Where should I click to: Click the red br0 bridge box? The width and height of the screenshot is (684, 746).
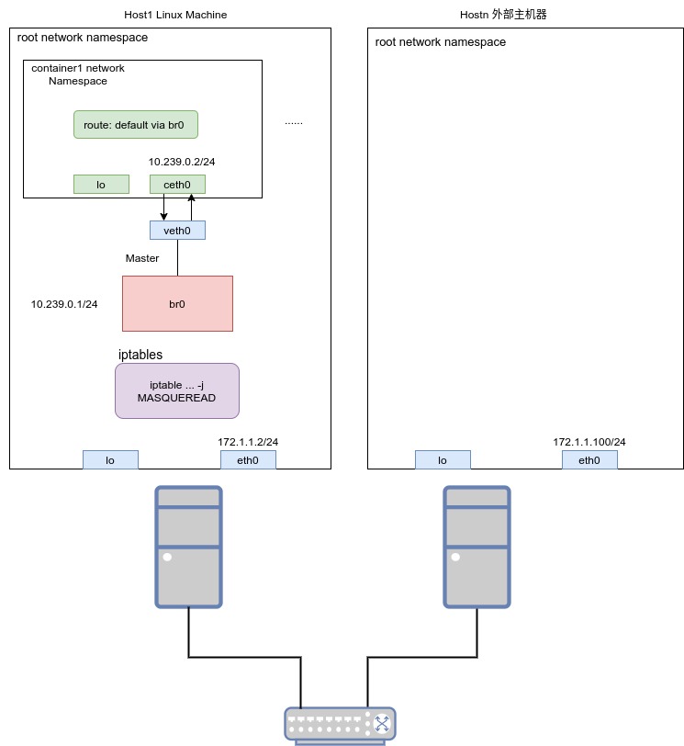point(177,303)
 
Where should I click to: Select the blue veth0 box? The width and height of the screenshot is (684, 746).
point(177,231)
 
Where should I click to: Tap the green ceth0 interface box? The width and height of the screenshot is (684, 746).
point(177,185)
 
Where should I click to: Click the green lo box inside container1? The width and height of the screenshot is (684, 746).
point(101,185)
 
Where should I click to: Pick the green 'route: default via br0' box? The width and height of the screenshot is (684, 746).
point(136,125)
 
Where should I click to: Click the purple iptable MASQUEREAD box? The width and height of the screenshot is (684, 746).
point(177,391)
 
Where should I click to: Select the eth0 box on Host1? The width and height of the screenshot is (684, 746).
point(248,460)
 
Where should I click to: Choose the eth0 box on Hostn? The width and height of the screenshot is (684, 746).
point(589,460)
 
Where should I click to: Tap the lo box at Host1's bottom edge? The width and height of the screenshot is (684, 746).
point(110,460)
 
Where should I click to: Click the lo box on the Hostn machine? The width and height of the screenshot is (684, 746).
point(443,460)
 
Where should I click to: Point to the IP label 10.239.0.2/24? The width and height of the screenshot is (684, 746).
point(182,162)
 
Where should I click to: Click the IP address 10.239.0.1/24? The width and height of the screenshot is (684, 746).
point(64,304)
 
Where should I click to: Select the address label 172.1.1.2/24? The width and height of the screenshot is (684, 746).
point(248,442)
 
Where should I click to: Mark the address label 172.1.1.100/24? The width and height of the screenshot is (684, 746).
point(589,442)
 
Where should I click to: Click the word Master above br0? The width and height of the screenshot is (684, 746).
point(142,258)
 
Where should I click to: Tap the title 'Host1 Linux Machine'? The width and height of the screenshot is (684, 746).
point(175,16)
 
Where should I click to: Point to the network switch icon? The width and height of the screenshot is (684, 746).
point(340,725)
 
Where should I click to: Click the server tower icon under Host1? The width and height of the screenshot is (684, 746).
point(188,546)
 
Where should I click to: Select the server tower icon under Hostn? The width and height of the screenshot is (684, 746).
point(477,546)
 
